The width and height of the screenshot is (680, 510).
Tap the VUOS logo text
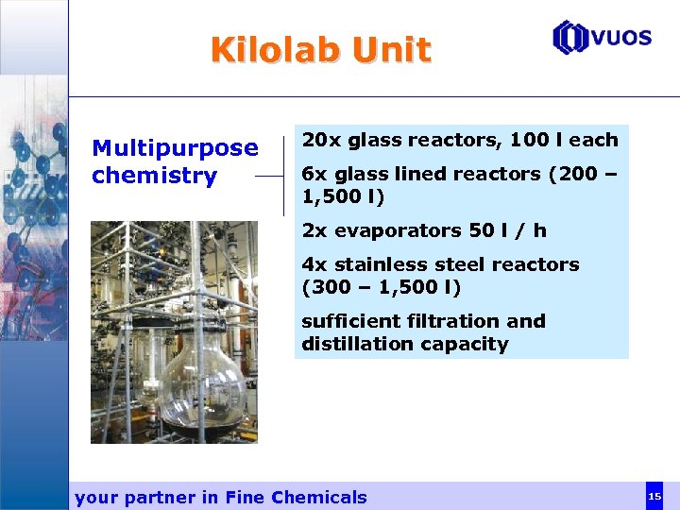tap(620, 38)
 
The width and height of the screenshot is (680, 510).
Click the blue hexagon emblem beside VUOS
tap(569, 38)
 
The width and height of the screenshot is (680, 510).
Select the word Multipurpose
tap(175, 148)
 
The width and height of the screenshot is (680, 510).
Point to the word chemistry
tap(154, 176)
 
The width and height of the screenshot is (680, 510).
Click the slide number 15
tap(654, 496)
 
